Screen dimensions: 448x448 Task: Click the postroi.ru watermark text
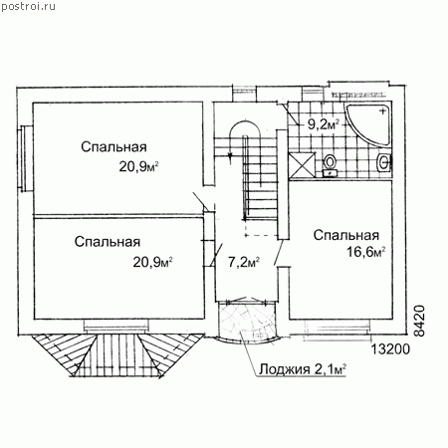(x=28, y=6)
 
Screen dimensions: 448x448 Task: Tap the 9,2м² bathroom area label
(x=324, y=124)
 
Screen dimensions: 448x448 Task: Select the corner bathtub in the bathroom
(x=367, y=124)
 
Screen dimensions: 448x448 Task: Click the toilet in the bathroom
(x=330, y=165)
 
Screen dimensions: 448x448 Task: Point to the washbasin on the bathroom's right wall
(x=384, y=162)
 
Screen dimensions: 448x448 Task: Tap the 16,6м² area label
(x=366, y=252)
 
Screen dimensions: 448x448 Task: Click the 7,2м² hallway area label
(x=244, y=262)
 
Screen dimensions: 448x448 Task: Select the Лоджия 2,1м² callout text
(x=303, y=369)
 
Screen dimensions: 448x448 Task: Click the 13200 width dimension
(x=390, y=349)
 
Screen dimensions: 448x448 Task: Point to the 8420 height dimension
(x=420, y=321)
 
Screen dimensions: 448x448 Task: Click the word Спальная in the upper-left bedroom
(x=113, y=147)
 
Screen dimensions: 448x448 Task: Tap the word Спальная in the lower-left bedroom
(x=108, y=242)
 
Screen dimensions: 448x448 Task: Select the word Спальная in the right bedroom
(x=346, y=235)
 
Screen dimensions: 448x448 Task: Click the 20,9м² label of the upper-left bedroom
(x=138, y=167)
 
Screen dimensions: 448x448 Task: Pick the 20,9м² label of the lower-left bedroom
(x=152, y=263)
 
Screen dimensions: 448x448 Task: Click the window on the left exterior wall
(x=26, y=158)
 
